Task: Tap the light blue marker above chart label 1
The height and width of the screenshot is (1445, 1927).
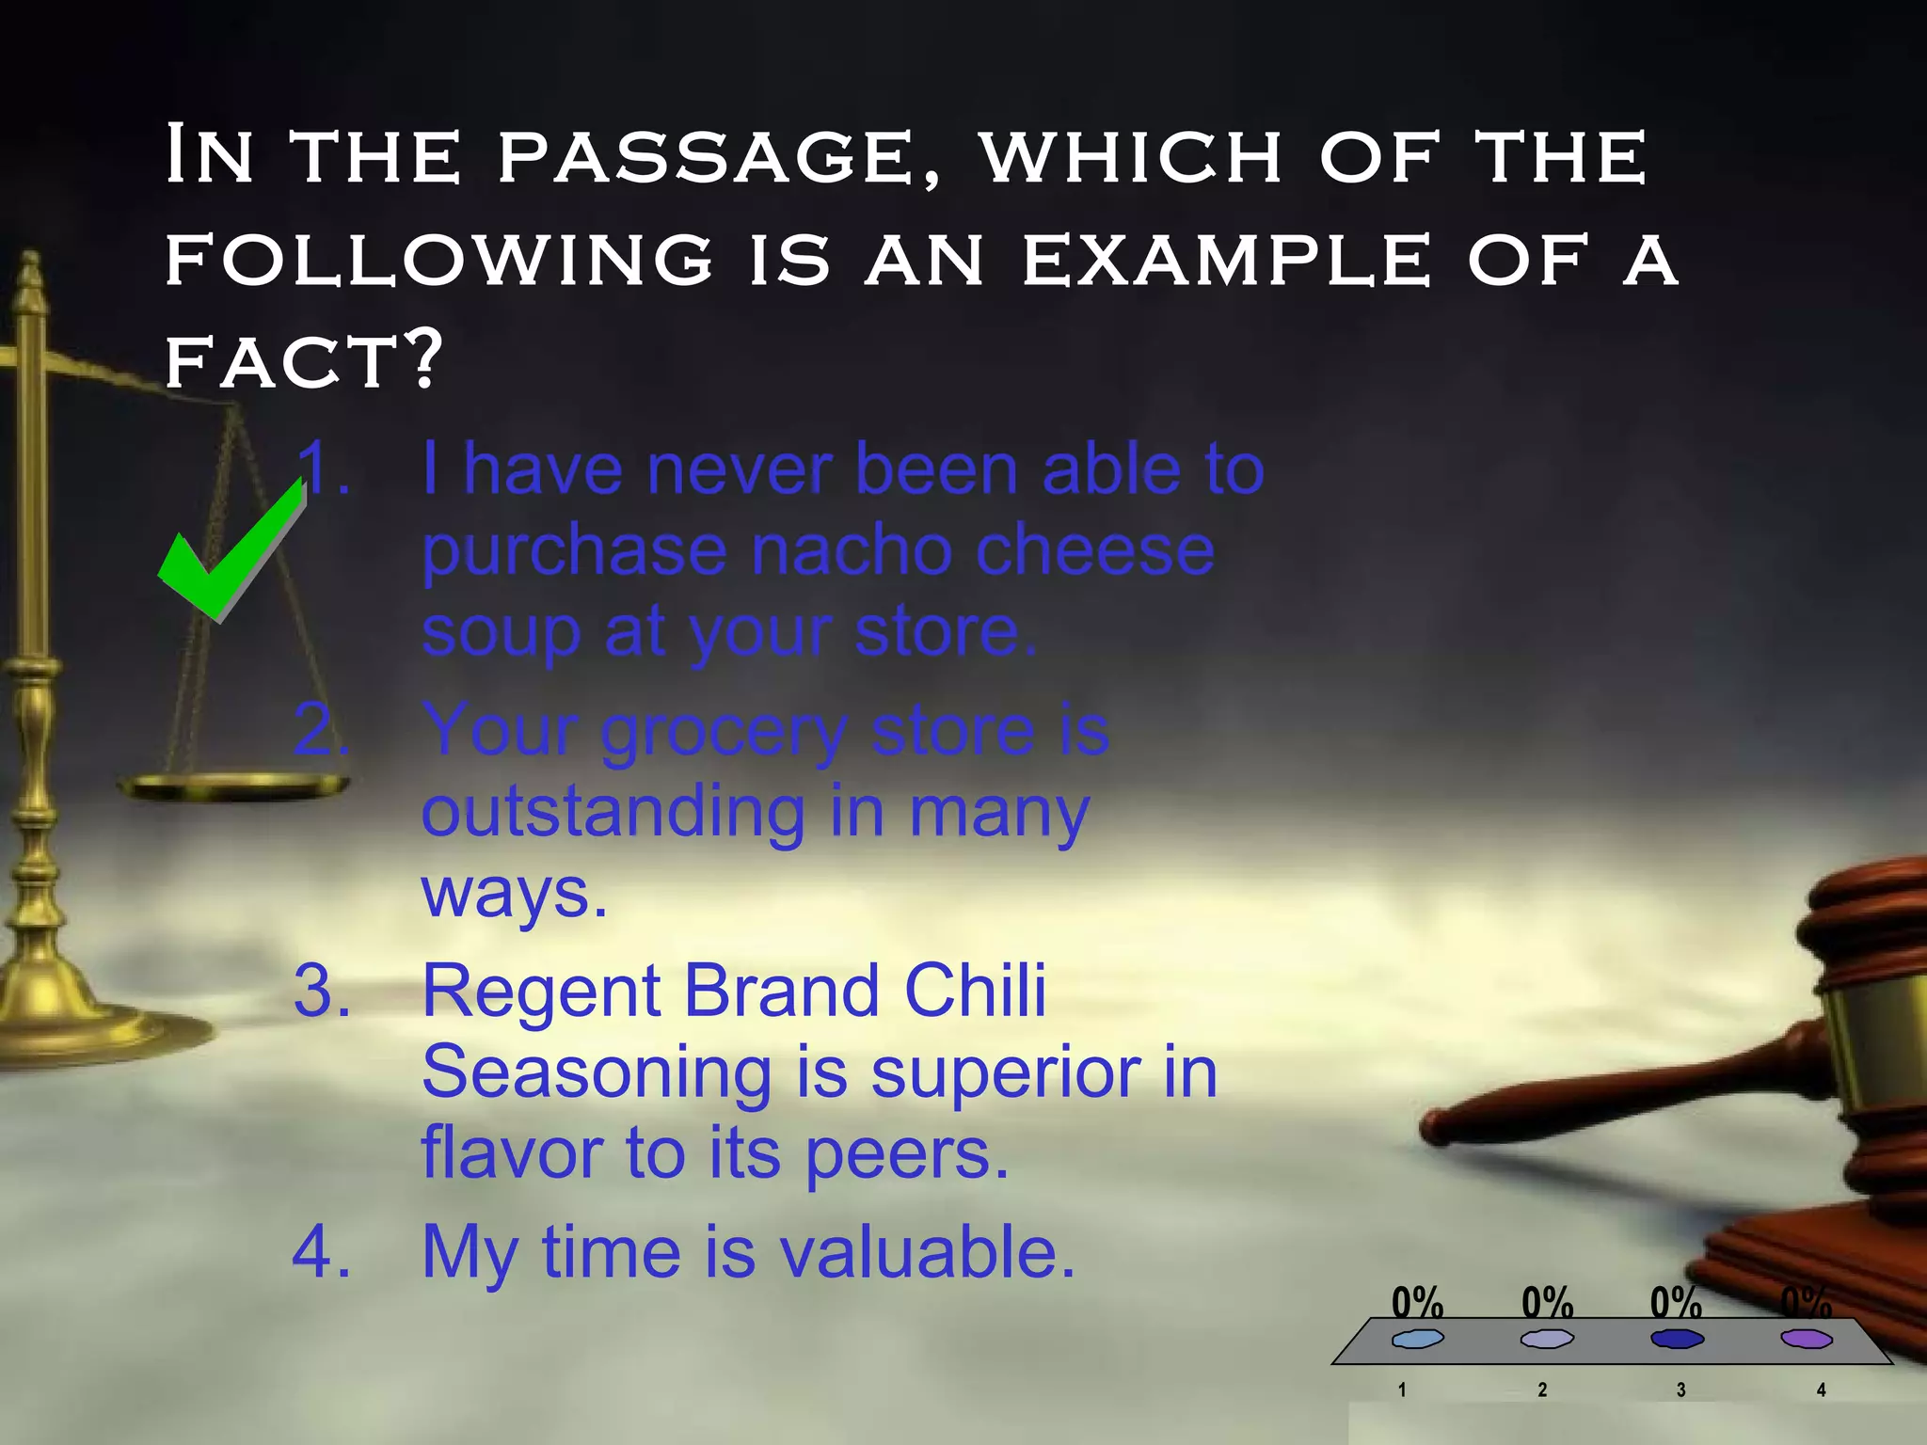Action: [x=1417, y=1339]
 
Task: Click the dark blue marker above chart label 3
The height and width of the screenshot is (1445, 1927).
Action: [x=1677, y=1339]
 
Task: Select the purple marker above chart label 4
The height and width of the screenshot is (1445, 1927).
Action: [x=1807, y=1339]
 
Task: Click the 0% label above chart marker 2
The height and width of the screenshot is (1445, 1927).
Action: [x=1547, y=1303]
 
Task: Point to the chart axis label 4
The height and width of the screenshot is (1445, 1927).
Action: [x=1821, y=1390]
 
